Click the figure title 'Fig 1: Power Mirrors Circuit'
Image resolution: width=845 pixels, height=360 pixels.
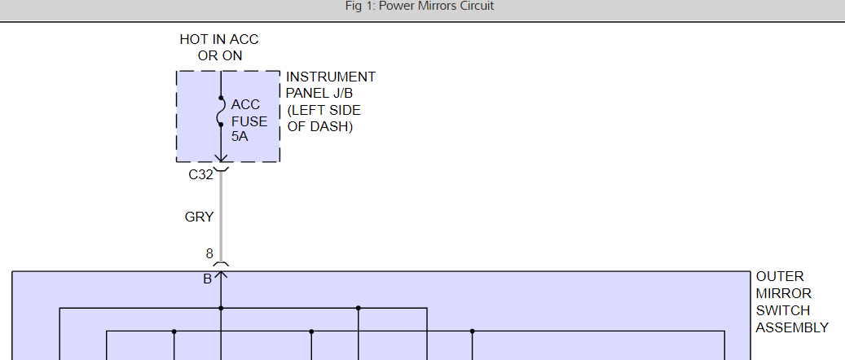pos(420,7)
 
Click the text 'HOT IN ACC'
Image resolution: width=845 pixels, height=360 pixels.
pos(218,39)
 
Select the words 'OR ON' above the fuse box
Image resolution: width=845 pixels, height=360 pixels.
pos(220,55)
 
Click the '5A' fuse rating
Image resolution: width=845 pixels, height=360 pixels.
pos(240,137)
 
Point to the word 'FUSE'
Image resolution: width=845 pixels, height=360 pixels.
pos(249,121)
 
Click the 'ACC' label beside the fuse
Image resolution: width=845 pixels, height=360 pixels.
pos(245,104)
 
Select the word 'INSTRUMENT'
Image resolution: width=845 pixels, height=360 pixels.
pos(331,77)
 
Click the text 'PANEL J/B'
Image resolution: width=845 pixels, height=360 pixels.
pos(319,93)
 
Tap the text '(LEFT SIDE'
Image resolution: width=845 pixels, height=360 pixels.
pos(323,110)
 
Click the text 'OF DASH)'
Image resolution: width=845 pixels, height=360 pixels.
pos(320,127)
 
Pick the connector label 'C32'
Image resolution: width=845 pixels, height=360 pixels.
pos(200,174)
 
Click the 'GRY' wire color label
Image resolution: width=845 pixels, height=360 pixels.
pos(199,217)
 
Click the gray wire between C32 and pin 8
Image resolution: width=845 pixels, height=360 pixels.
pos(220,220)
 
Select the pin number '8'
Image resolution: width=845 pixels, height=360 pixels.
pos(209,254)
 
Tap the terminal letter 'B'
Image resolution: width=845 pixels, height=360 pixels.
pos(208,279)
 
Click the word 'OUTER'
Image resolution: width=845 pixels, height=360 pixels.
pos(780,277)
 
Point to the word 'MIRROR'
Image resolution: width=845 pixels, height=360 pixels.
pos(783,294)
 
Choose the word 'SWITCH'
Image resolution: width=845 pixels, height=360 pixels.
pos(782,310)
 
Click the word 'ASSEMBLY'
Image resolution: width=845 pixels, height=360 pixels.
pos(792,327)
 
